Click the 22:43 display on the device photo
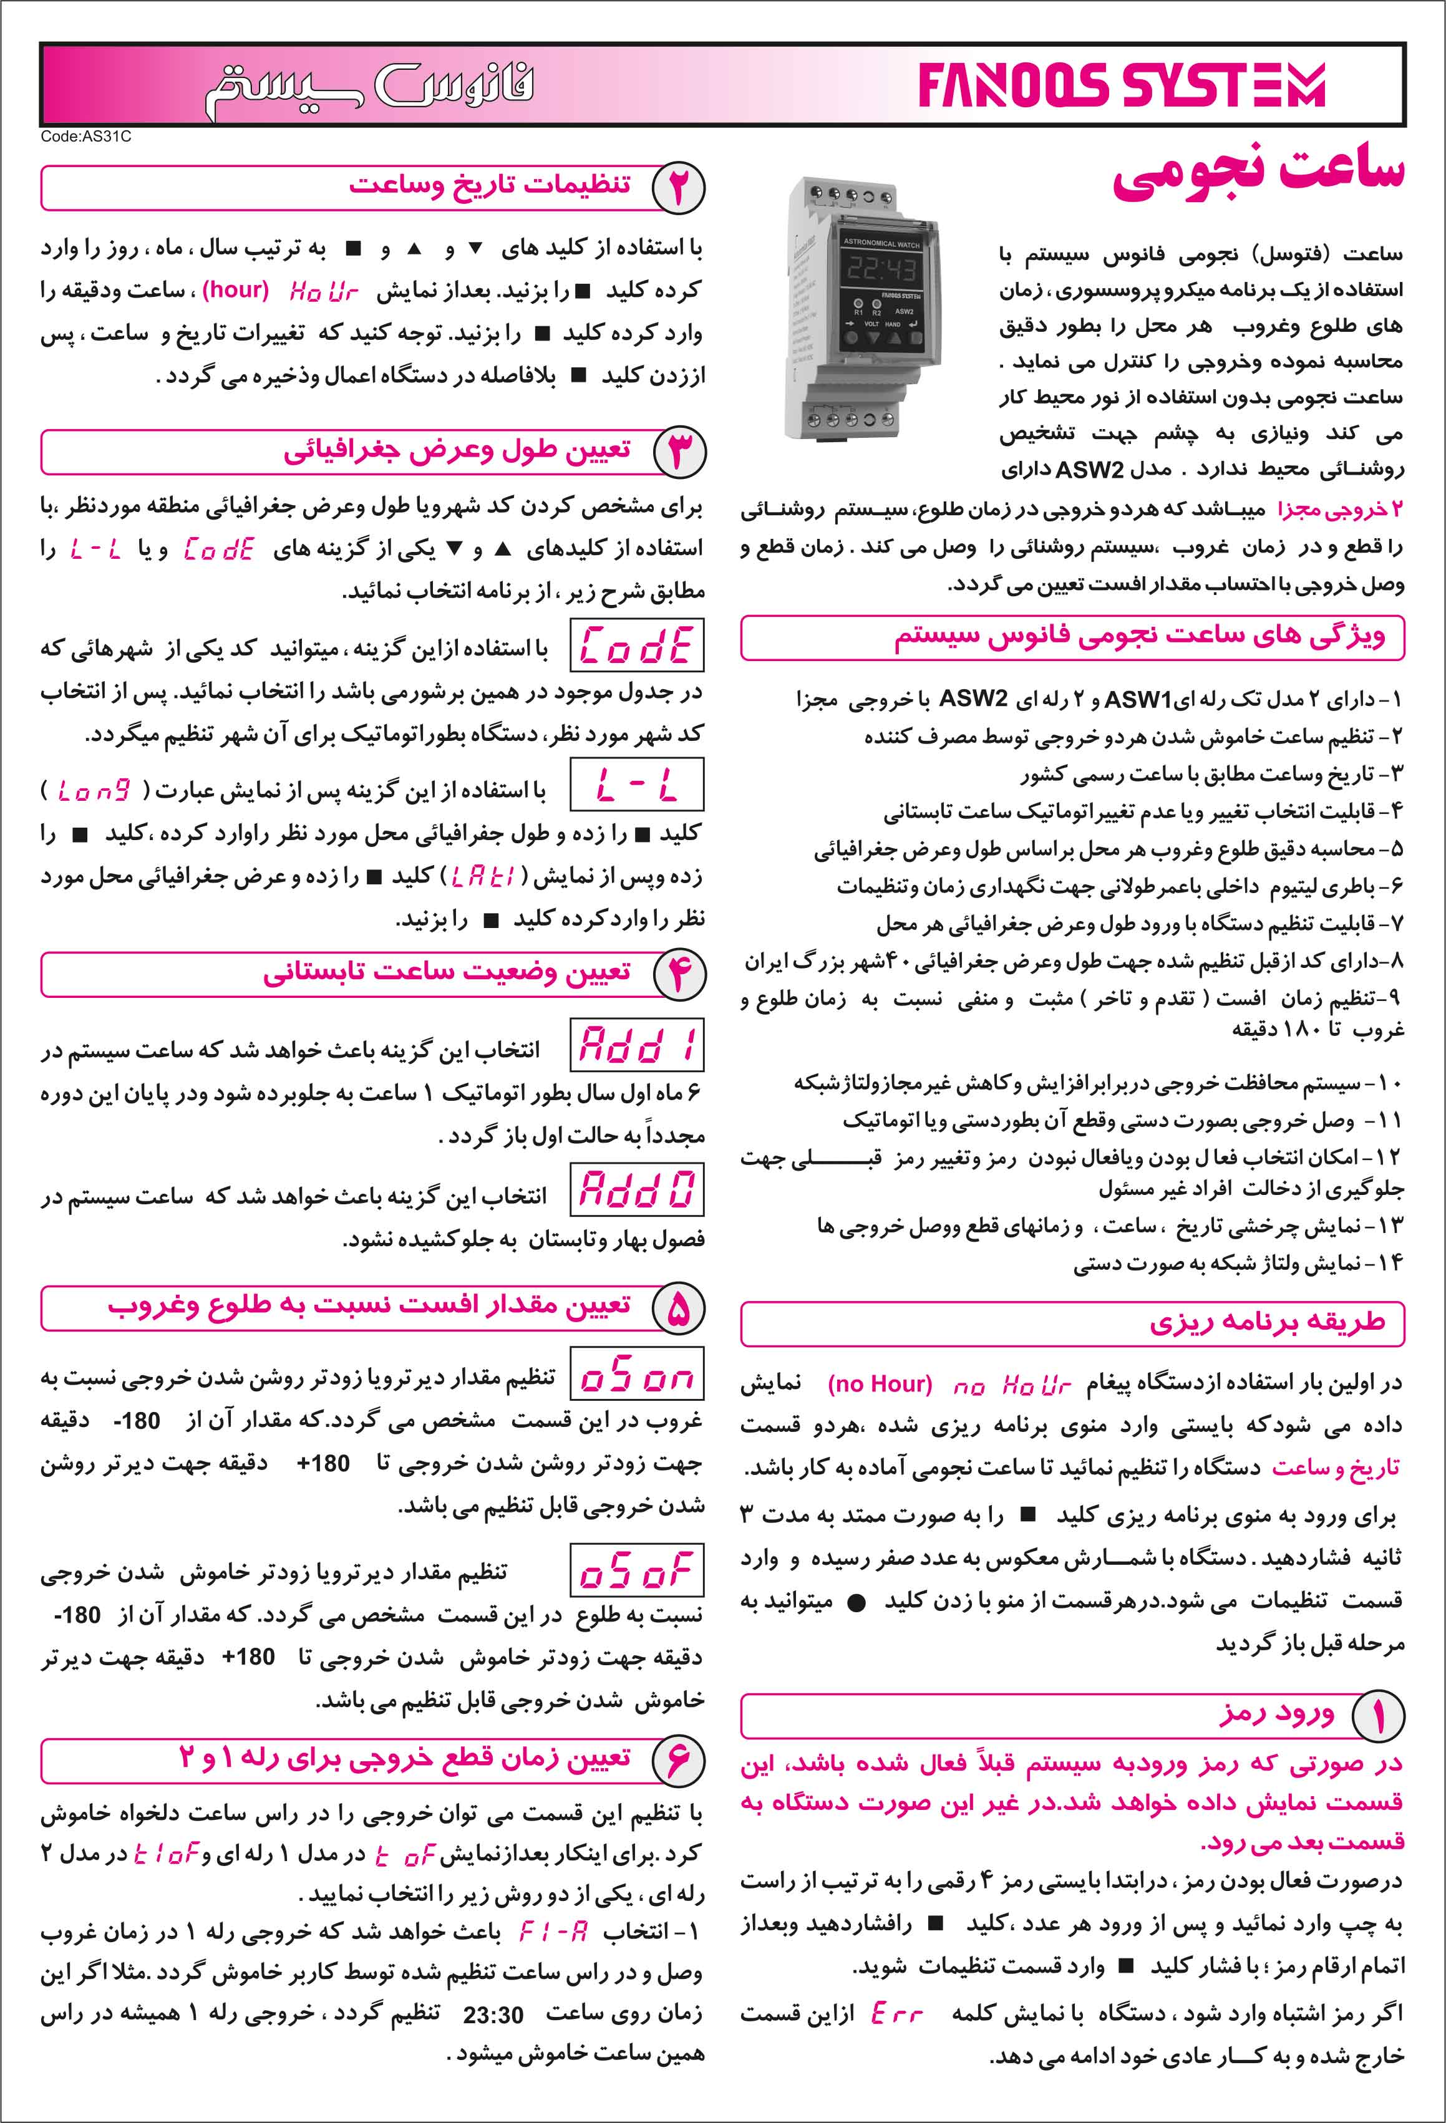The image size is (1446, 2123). pyautogui.click(x=881, y=269)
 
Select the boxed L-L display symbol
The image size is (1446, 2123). pyautogui.click(x=637, y=785)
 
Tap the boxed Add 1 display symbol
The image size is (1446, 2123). pyautogui.click(x=637, y=1046)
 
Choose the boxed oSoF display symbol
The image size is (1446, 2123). pyautogui.click(x=637, y=1571)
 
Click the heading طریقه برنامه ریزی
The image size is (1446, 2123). pyautogui.click(x=1267, y=1322)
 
